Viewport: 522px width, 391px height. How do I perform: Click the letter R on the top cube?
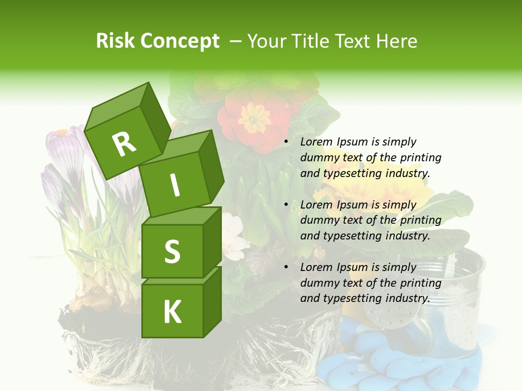click(x=125, y=144)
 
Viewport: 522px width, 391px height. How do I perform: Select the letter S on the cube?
click(x=172, y=252)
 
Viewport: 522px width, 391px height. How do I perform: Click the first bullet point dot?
click(x=287, y=142)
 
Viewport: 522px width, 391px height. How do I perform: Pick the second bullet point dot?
click(x=287, y=205)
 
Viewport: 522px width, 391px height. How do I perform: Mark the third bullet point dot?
click(x=287, y=267)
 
